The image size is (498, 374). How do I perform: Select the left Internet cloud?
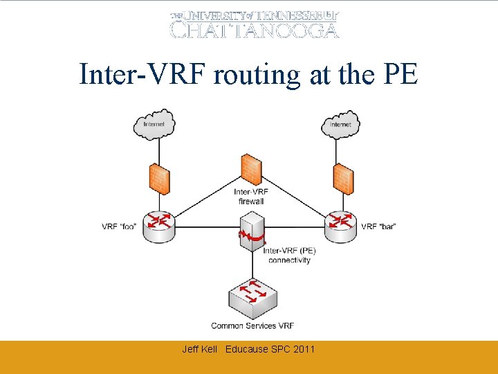click(154, 125)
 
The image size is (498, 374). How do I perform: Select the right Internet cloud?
click(340, 125)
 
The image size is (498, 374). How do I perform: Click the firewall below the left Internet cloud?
click(159, 179)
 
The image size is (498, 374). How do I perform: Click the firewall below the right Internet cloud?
click(342, 179)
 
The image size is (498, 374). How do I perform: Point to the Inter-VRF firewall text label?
click(250, 196)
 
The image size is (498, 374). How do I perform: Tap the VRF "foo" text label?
click(118, 226)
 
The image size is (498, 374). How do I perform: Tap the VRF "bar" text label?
click(378, 226)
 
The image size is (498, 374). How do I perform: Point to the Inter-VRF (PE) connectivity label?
click(289, 256)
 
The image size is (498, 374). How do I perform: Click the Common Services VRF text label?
click(252, 326)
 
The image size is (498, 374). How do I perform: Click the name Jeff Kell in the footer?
click(199, 349)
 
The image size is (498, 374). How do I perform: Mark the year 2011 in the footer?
click(304, 349)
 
